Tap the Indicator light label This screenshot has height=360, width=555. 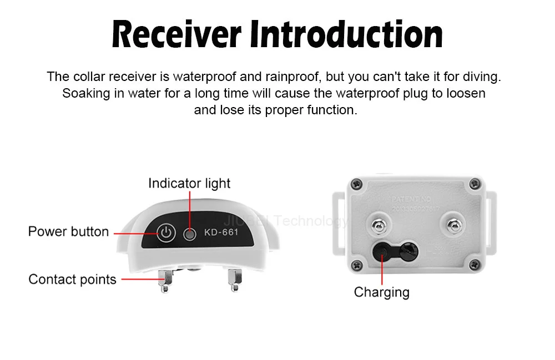(189, 183)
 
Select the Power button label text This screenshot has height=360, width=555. (68, 231)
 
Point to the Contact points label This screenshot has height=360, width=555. (72, 279)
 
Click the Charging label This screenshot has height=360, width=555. (381, 292)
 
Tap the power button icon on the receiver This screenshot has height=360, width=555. (167, 233)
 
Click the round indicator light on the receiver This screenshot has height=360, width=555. (190, 234)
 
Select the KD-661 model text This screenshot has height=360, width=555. (221, 232)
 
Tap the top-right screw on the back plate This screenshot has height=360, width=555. (474, 183)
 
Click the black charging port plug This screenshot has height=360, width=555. (383, 252)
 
